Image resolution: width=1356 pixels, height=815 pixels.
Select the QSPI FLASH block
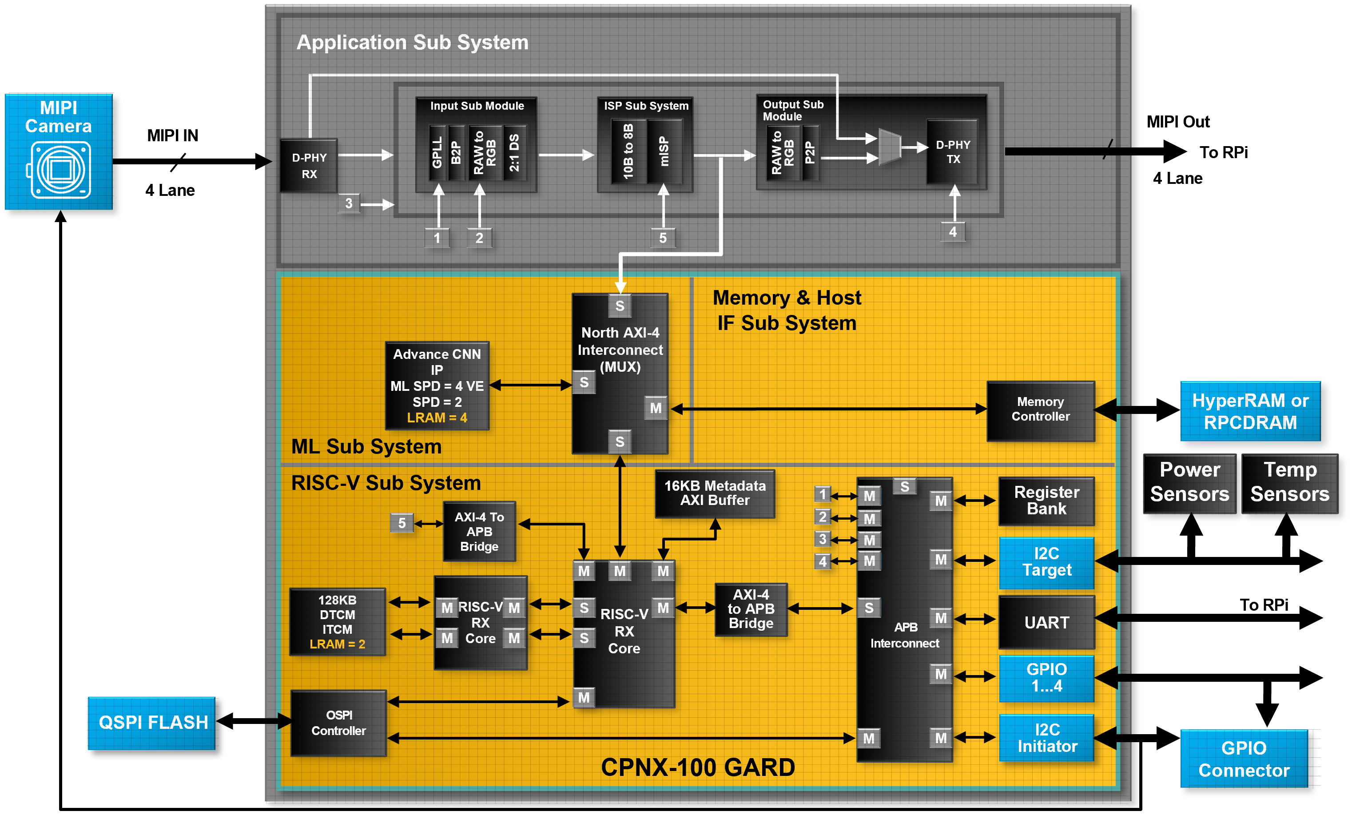(x=151, y=723)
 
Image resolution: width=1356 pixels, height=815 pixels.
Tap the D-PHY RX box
(x=309, y=165)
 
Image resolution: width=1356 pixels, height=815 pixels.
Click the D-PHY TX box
(x=952, y=152)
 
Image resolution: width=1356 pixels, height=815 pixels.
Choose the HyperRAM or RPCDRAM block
(x=1250, y=411)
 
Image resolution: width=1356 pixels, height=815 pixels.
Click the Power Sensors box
(x=1189, y=483)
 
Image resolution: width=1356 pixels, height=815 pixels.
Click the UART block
(x=1046, y=622)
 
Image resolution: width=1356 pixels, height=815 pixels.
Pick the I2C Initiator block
(x=1046, y=738)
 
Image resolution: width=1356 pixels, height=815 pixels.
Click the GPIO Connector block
(x=1244, y=759)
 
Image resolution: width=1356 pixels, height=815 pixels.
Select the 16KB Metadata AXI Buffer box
(x=715, y=493)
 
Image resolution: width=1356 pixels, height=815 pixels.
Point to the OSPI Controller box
(x=338, y=723)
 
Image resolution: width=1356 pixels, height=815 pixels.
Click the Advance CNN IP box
(x=437, y=386)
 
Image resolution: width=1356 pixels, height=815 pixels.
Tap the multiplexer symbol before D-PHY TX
(x=890, y=147)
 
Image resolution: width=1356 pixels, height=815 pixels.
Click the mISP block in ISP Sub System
(x=664, y=152)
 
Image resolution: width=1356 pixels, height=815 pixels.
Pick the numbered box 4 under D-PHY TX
(x=952, y=232)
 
